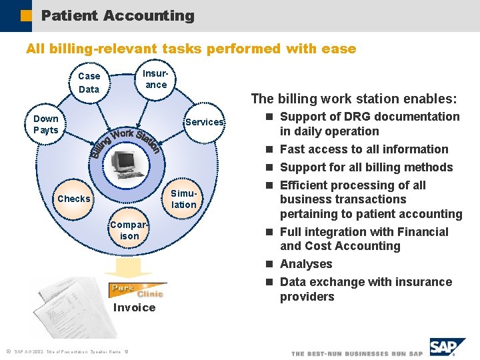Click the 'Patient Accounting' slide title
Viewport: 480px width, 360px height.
pos(117,15)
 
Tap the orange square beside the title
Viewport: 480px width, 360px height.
pos(25,15)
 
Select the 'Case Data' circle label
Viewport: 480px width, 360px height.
pos(89,83)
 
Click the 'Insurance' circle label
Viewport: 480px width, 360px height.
pos(156,79)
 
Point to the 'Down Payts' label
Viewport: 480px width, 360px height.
pos(46,125)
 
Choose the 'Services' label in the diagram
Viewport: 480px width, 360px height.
pos(204,122)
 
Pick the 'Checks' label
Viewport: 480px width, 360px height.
pos(74,199)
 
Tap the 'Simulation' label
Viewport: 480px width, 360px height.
pos(183,199)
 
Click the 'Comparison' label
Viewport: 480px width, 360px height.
pos(129,230)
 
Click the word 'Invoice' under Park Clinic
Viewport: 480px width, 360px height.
pos(134,307)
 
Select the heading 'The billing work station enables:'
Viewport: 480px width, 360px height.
pos(354,99)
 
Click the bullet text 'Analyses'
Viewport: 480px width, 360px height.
pos(306,264)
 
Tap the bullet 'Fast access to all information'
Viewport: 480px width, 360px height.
pos(364,149)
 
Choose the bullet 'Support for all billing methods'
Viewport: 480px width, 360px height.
pos(366,167)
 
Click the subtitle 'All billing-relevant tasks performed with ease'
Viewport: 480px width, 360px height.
pos(191,49)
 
